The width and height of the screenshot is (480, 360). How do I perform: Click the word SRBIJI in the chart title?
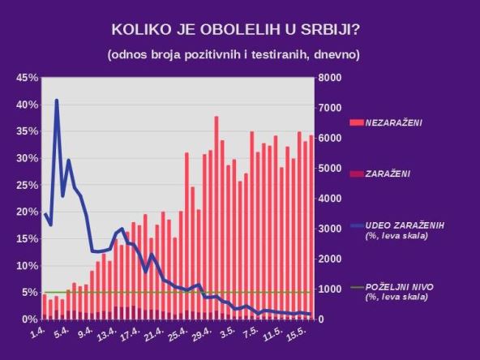(x=330, y=30)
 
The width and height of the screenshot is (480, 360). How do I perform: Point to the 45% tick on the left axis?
(x=27, y=78)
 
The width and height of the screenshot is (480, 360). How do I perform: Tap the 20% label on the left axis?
(x=27, y=212)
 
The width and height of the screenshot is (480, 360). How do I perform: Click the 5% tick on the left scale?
(x=30, y=293)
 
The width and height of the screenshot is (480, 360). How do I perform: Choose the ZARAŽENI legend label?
(x=388, y=174)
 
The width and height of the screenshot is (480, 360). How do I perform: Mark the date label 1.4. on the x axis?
(x=36, y=334)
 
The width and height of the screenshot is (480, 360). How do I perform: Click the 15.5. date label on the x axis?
(x=297, y=334)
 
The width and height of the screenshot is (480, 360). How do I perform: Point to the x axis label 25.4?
(x=181, y=334)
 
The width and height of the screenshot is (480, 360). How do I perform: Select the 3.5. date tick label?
(x=229, y=332)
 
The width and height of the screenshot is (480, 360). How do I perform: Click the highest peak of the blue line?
(x=57, y=101)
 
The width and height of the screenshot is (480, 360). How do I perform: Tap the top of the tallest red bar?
(x=216, y=118)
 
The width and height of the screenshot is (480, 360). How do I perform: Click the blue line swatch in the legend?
(x=357, y=225)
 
